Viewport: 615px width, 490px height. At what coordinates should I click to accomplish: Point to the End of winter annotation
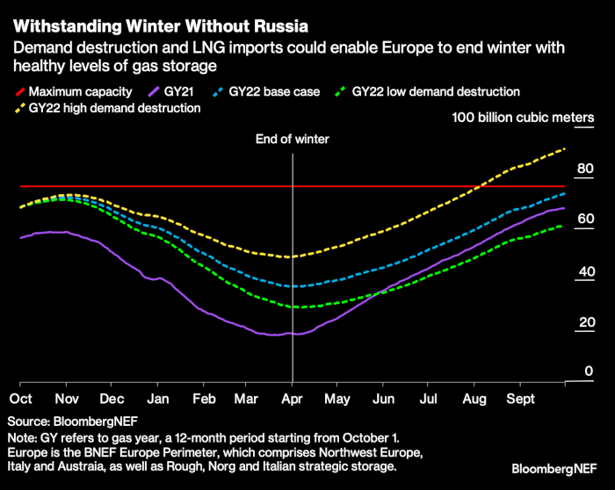click(x=291, y=139)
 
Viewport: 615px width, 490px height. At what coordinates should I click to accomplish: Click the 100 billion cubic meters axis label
click(x=525, y=118)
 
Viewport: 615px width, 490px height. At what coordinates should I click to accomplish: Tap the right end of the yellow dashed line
click(x=563, y=149)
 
